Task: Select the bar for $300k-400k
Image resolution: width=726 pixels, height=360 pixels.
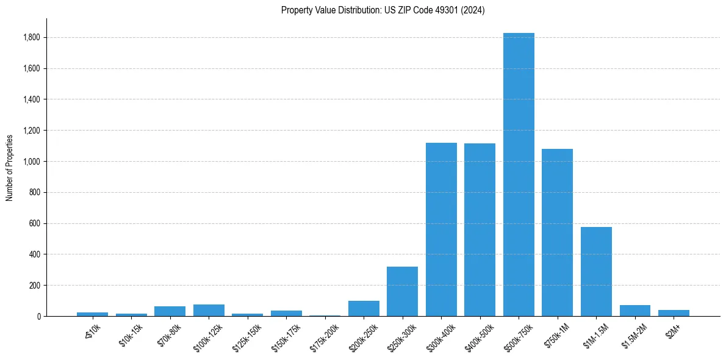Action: click(441, 229)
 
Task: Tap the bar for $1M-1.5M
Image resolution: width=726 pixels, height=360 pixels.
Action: click(596, 272)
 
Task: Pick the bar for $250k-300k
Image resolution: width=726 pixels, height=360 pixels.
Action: click(402, 292)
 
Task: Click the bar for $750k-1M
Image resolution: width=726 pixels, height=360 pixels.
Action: click(557, 232)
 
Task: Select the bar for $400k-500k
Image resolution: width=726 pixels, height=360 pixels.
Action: click(480, 230)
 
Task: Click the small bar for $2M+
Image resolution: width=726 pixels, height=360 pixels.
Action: click(674, 313)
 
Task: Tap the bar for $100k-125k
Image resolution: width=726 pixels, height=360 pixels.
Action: click(209, 310)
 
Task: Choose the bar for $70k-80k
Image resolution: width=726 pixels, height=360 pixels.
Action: click(170, 311)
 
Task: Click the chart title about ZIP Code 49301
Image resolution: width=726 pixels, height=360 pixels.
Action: click(383, 10)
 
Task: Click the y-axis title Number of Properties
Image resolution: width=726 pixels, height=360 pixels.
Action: click(10, 167)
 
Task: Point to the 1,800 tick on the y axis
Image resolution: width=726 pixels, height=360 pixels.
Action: click(31, 38)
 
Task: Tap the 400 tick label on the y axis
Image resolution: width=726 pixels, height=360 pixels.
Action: click(35, 254)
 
